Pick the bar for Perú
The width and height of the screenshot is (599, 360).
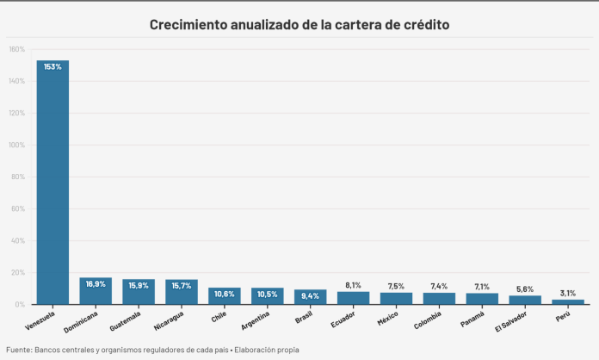568,301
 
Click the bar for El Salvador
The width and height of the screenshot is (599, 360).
525,300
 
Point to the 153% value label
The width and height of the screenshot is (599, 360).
52,66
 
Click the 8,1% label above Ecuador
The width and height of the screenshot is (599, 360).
353,284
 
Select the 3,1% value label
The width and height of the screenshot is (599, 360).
568,293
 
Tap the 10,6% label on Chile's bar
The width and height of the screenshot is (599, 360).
225,294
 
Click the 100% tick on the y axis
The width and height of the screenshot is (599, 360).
16,145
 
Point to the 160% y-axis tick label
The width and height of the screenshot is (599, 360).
16,49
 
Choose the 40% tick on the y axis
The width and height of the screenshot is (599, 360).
18,240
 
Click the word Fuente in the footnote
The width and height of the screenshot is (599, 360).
19,350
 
